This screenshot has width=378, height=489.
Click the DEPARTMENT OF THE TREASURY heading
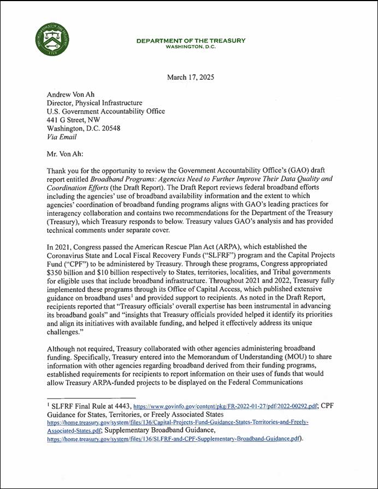[x=191, y=40]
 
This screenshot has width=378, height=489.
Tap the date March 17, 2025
[x=190, y=77]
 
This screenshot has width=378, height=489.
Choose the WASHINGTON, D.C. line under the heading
[x=191, y=46]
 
